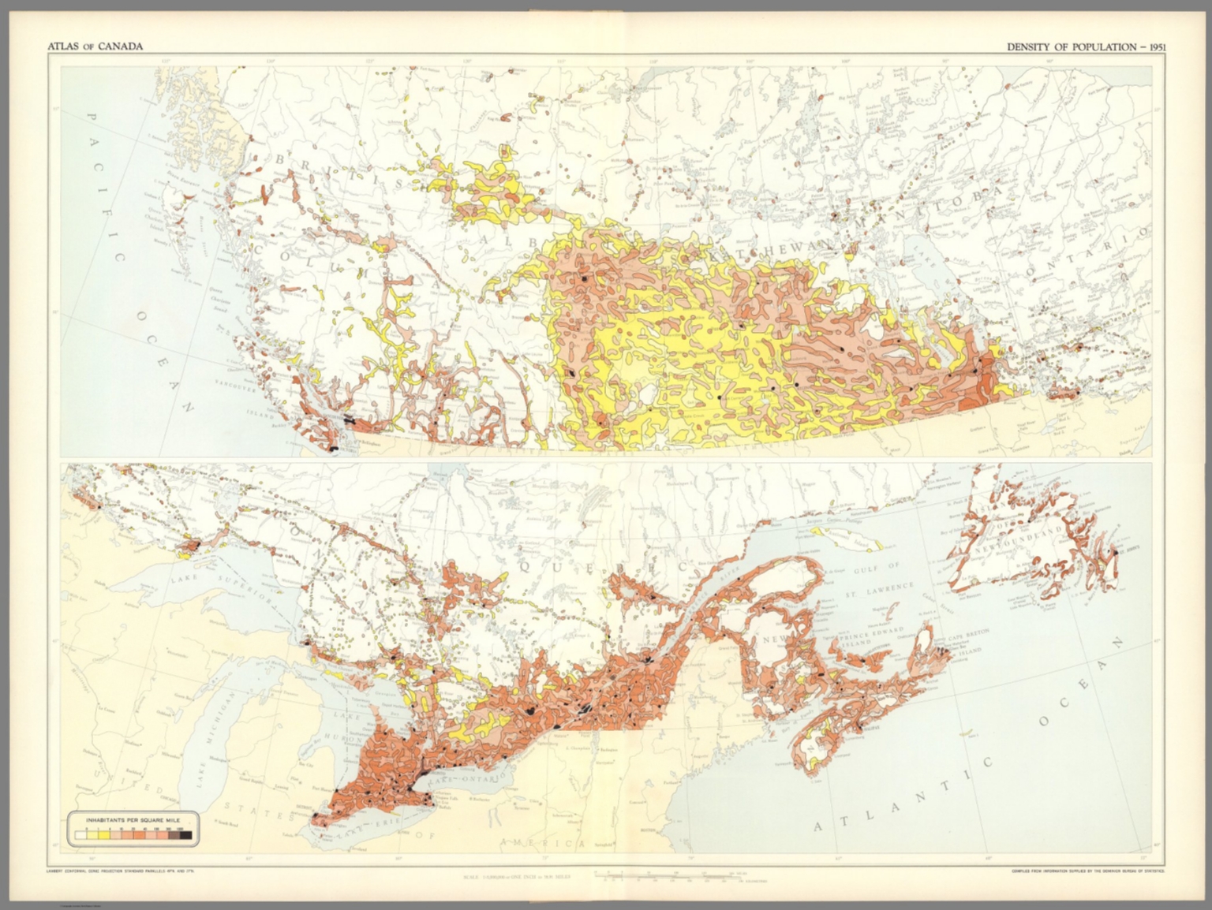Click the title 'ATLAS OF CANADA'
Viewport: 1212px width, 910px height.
[x=95, y=47]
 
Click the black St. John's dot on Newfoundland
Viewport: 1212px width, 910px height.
[x=1115, y=553]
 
